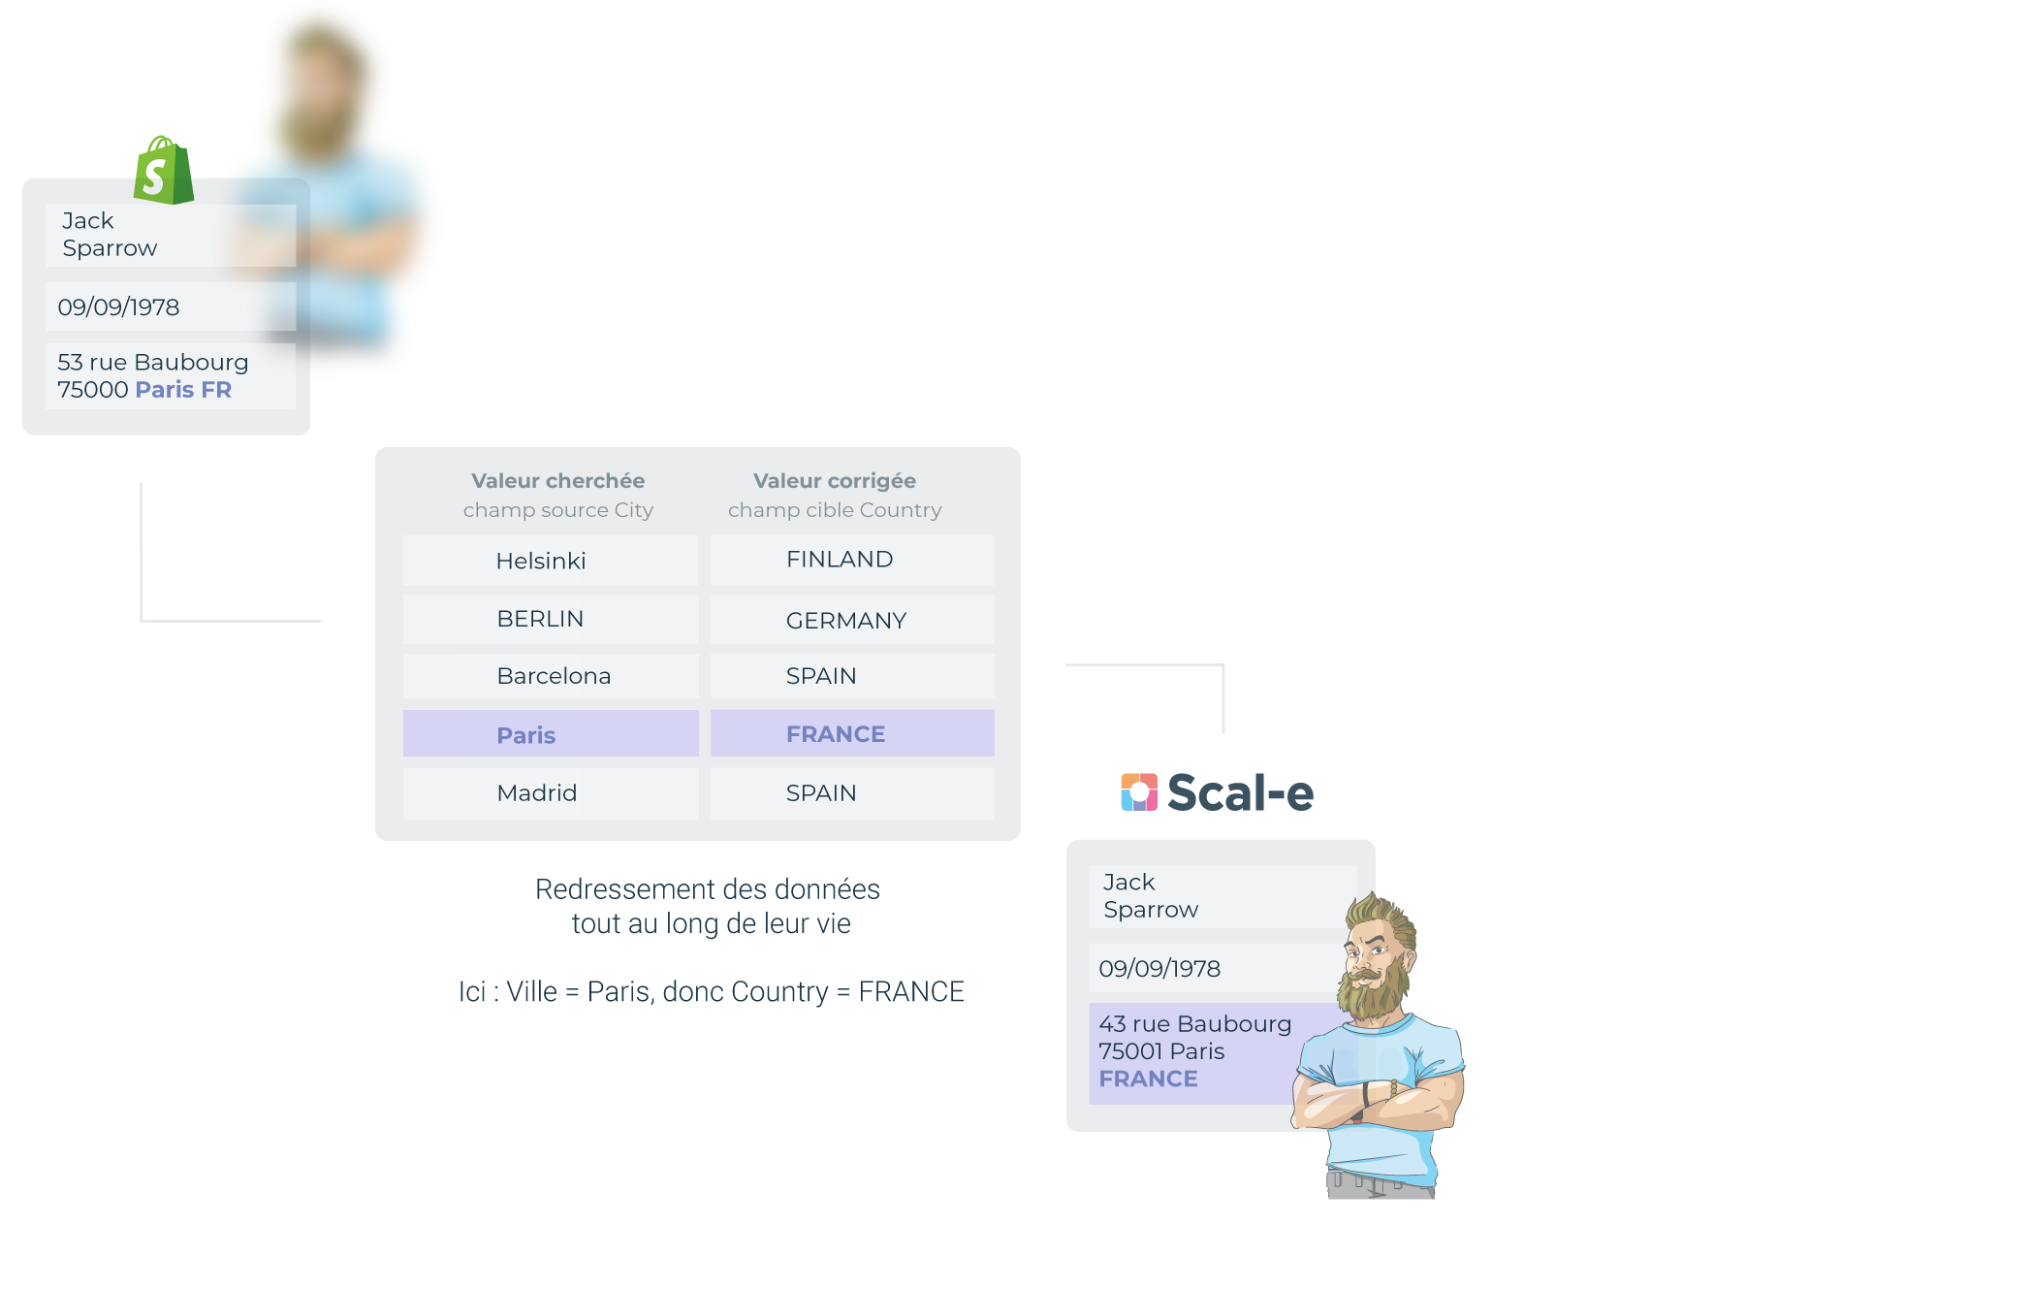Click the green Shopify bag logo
[x=163, y=172]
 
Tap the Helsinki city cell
[x=540, y=561]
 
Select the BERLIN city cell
[x=540, y=619]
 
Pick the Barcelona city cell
[x=553, y=676]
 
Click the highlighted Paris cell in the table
[x=526, y=735]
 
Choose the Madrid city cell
[x=536, y=793]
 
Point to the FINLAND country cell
[x=840, y=560]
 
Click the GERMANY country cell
[x=845, y=621]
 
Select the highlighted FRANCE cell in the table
[x=836, y=734]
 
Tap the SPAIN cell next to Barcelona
[x=821, y=676]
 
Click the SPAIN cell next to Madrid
[x=821, y=793]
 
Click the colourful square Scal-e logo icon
[x=1139, y=791]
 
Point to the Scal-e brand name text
[x=1240, y=792]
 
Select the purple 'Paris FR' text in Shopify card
[x=183, y=390]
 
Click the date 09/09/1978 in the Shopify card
[x=118, y=307]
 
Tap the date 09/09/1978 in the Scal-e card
[x=1159, y=969]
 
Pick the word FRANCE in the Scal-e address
[x=1148, y=1079]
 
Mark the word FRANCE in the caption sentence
[x=911, y=992]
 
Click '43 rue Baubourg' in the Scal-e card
[x=1194, y=1024]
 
